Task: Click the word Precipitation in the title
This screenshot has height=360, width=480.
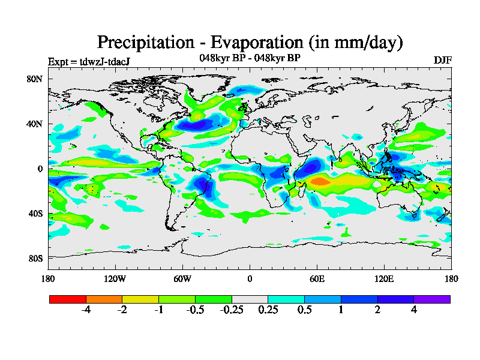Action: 143,43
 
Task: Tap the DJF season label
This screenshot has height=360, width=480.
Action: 442,61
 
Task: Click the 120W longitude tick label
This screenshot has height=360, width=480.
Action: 115,278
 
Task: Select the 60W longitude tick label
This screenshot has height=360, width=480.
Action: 182,278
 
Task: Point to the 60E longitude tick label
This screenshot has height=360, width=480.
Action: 317,278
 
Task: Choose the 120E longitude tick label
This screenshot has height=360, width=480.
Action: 384,278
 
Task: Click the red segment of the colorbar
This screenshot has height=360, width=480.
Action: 68,299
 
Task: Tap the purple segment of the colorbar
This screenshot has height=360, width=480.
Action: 432,299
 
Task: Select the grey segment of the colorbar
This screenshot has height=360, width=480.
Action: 250,299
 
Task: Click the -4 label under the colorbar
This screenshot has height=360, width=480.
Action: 86,310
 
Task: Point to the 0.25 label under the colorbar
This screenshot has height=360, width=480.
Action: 268,310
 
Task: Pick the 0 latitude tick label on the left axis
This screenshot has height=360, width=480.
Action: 40,169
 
